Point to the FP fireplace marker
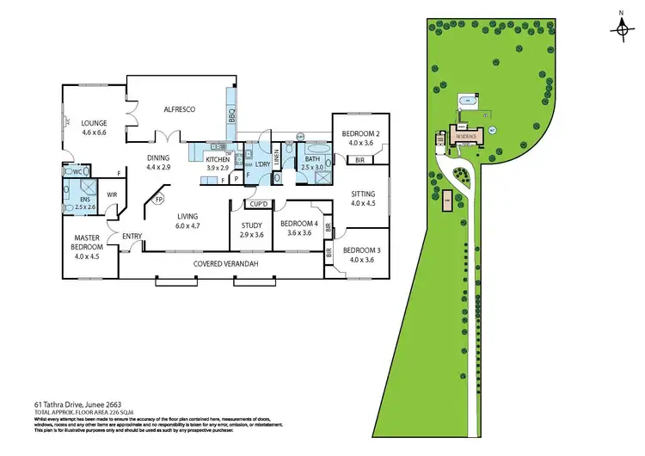coord(158,200)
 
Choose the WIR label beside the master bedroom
coord(112,194)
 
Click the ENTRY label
coord(132,237)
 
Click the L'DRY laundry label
coord(263,163)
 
